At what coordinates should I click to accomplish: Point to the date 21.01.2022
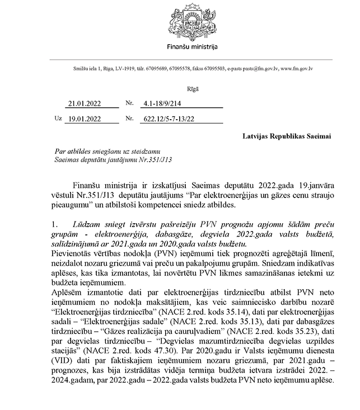pos(82,103)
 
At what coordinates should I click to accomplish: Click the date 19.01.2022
pos(82,118)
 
